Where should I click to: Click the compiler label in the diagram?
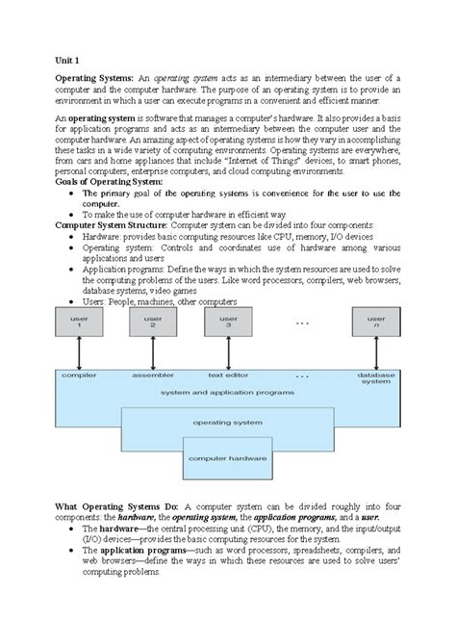72,374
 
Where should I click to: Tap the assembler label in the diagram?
151,374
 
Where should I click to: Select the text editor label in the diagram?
229,374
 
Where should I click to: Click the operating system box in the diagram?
227,422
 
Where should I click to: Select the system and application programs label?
227,392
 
